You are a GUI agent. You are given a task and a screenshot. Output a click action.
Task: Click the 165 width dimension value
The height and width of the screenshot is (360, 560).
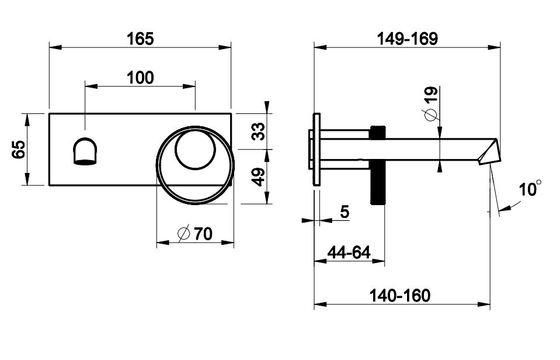[x=140, y=38]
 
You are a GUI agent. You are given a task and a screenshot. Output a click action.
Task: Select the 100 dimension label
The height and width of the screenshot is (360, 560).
[x=140, y=78]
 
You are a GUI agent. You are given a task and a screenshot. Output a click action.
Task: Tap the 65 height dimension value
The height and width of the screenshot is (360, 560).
[x=19, y=149]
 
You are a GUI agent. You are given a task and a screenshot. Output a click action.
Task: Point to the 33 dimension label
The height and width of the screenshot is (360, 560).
[x=258, y=131]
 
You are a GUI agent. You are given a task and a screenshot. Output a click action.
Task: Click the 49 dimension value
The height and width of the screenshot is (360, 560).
[x=258, y=177]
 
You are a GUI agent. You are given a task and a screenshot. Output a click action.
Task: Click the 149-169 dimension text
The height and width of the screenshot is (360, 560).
[x=408, y=38]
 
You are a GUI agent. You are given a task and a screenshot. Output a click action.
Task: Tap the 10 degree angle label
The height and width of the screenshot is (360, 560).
[x=530, y=189]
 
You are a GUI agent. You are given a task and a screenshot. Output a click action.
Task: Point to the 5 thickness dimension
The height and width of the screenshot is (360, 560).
[x=345, y=212]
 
